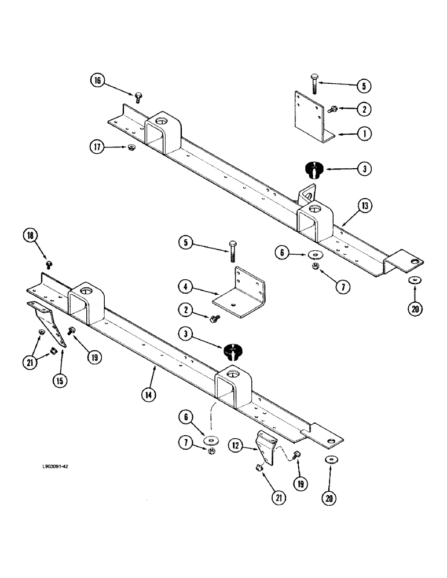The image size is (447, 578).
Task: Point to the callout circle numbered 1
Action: [x=363, y=133]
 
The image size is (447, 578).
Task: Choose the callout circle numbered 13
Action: [x=363, y=205]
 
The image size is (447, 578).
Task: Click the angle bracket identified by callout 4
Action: [x=240, y=295]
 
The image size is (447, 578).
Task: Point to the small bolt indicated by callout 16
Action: [x=138, y=96]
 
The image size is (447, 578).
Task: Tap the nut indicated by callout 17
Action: [x=132, y=147]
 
